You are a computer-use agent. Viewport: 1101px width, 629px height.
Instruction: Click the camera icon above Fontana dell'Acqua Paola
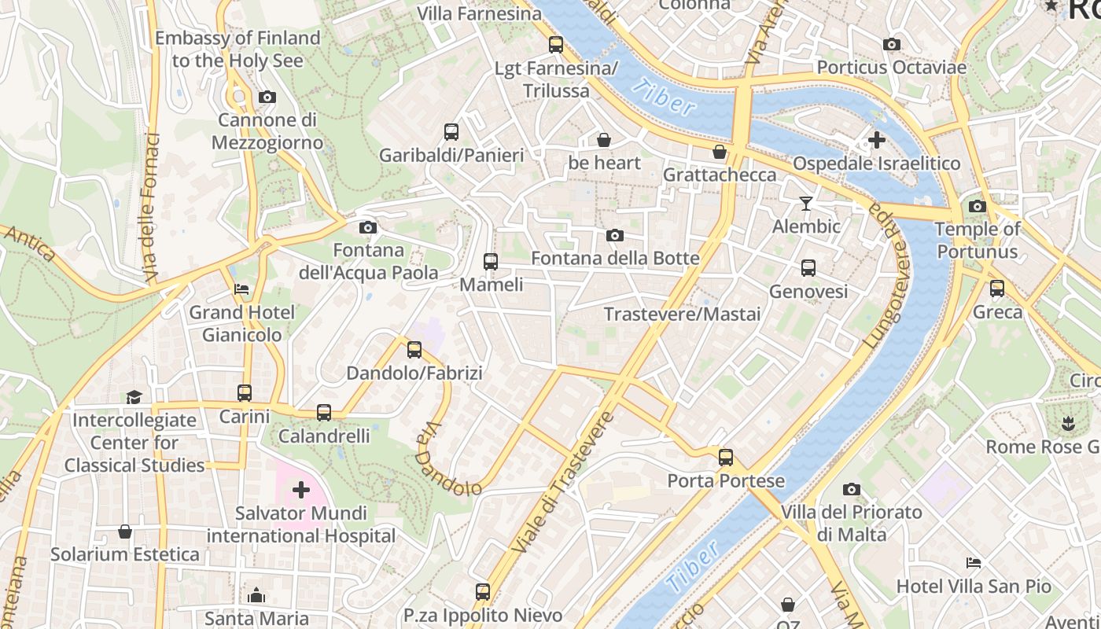(x=367, y=228)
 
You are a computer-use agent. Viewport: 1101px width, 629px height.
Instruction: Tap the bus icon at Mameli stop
(x=491, y=262)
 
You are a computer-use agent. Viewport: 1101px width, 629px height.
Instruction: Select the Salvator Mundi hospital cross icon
(x=301, y=491)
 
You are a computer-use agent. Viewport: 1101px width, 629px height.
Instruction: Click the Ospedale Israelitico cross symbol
(x=876, y=141)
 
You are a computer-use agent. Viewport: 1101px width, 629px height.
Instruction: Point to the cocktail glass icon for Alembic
(x=806, y=204)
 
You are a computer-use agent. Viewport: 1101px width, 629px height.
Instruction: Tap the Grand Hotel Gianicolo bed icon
(x=241, y=289)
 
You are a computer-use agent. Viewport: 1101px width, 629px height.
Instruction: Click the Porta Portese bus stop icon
(x=726, y=458)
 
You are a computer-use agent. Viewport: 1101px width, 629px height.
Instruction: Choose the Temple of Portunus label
(x=977, y=241)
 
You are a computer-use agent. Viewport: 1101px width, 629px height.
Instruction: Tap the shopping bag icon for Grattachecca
(x=719, y=152)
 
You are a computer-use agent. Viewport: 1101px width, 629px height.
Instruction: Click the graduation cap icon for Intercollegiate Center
(x=134, y=397)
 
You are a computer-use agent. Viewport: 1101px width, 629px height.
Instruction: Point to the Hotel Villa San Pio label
(x=974, y=587)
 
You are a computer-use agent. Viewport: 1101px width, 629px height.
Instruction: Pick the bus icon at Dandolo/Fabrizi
(x=414, y=350)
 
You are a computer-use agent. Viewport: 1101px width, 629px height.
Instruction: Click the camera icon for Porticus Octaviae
(x=891, y=45)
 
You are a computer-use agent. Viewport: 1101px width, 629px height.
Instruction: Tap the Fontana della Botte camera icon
(x=615, y=236)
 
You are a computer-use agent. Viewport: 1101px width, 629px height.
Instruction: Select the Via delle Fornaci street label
(x=151, y=208)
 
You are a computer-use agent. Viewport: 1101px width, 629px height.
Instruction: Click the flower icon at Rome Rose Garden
(x=1068, y=424)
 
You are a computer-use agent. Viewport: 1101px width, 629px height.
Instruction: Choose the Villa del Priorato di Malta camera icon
(x=851, y=490)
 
